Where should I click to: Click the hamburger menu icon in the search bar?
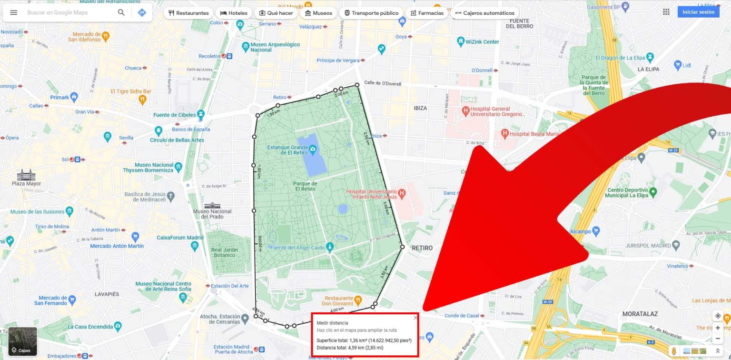14,12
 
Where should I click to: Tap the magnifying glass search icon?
121,12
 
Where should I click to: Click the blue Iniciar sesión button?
698,12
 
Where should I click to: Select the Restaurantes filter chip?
188,13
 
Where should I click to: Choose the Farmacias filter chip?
427,13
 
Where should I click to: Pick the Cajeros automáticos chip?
484,13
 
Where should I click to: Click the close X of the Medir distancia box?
415,318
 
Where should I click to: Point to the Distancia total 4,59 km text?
350,348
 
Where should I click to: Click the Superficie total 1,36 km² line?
364,340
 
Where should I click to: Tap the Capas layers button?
22,342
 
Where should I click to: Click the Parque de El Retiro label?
305,186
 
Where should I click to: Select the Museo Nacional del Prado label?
212,213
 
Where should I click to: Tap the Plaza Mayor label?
27,183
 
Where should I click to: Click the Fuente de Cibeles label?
175,115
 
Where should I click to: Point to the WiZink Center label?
482,41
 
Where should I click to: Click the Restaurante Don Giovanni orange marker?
358,300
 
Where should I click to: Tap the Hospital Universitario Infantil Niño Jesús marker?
402,193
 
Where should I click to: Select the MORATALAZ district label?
640,314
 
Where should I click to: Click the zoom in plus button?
718,328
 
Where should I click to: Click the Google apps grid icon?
666,12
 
